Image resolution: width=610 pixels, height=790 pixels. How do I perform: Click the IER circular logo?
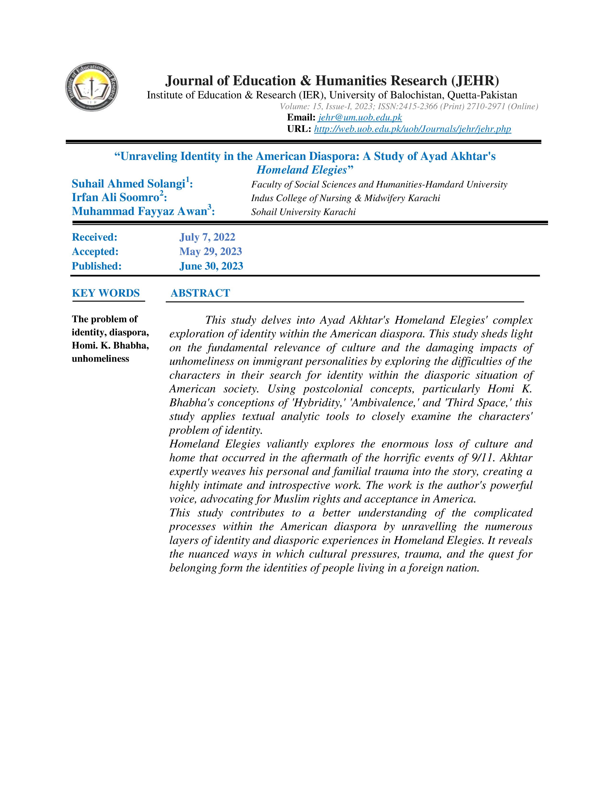click(92, 87)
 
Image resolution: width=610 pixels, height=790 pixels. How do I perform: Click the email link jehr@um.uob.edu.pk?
click(360, 118)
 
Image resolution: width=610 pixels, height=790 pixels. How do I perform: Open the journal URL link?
click(412, 129)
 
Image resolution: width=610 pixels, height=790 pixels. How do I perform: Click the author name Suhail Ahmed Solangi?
click(129, 184)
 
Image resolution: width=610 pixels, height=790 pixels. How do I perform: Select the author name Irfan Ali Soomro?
click(116, 198)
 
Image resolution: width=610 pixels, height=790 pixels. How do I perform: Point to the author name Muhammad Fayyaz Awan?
click(139, 211)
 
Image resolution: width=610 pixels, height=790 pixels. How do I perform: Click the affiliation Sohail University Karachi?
click(303, 212)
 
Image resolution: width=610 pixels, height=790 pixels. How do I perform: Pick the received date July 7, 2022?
click(207, 237)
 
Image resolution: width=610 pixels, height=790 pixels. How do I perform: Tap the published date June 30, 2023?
click(211, 266)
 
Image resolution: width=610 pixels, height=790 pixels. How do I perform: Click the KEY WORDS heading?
click(106, 293)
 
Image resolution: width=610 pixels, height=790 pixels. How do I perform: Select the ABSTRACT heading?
click(200, 293)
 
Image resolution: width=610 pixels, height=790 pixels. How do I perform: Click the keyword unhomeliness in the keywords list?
click(100, 359)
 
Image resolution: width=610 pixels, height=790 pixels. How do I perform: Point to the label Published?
click(96, 266)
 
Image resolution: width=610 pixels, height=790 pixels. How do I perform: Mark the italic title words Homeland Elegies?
click(302, 170)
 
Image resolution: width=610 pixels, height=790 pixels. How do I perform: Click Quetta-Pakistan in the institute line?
click(482, 95)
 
